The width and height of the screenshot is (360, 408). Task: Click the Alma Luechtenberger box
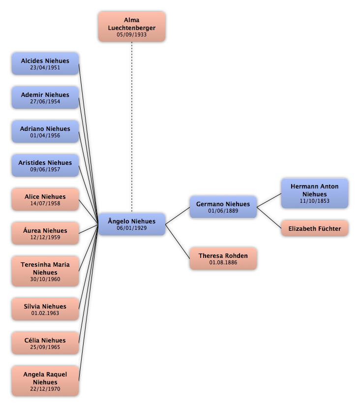click(132, 27)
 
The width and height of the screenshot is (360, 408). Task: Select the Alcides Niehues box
click(45, 64)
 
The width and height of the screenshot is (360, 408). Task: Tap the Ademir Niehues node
click(45, 97)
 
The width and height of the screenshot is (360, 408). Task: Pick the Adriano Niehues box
click(45, 132)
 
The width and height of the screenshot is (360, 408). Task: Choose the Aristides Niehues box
click(45, 165)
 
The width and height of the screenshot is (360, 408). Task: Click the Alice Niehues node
click(45, 200)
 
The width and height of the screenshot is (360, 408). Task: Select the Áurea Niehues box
click(45, 233)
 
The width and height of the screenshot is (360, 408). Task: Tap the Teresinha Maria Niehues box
click(45, 271)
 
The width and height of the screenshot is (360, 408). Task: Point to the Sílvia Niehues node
click(45, 309)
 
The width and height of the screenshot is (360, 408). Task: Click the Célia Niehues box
click(45, 343)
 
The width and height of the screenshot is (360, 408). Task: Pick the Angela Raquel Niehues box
click(45, 381)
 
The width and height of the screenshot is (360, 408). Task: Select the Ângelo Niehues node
click(132, 224)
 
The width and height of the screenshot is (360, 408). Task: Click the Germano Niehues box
click(223, 207)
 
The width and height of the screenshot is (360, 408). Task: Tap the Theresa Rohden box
click(223, 259)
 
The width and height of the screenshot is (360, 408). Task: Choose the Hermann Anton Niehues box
click(315, 193)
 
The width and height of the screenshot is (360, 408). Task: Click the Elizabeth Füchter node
click(315, 228)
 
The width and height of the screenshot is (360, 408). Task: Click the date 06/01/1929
click(132, 228)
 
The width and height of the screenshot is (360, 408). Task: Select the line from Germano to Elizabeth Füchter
click(269, 218)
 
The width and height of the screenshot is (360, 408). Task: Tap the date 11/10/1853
click(315, 201)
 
